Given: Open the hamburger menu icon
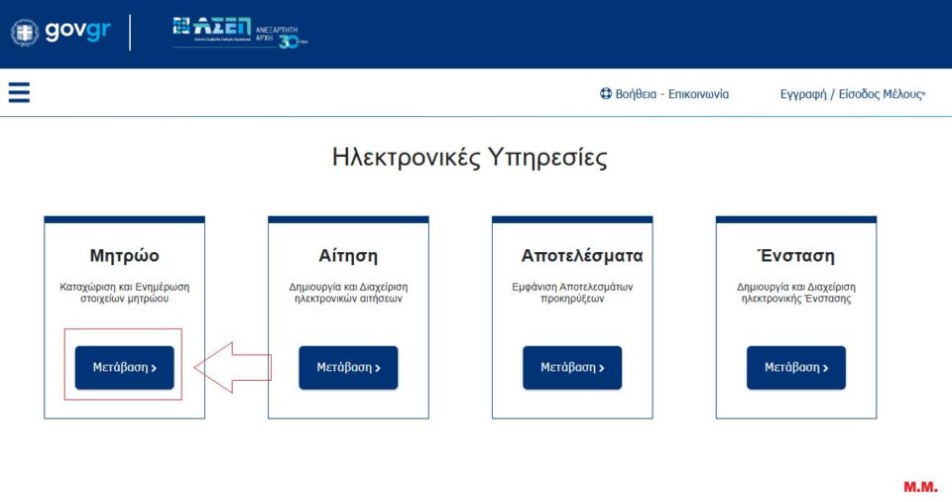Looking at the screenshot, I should [19, 92].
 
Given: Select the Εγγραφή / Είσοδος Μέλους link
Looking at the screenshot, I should [852, 94].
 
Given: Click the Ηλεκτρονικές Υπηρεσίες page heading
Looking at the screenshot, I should [469, 158].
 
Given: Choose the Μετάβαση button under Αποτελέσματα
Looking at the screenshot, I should [572, 367].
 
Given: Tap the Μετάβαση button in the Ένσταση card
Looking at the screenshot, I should [795, 367].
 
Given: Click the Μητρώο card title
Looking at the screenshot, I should [124, 256].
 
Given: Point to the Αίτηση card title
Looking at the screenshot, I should [348, 256].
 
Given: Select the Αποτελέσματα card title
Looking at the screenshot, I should [582, 256].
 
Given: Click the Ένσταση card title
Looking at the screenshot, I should [795, 256].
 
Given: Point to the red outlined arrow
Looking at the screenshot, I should [232, 367].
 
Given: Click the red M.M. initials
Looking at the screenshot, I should [919, 487].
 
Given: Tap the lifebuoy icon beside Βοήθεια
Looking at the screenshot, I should [605, 94].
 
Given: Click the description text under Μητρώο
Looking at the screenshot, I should [124, 293].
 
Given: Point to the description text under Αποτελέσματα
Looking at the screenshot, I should [572, 293].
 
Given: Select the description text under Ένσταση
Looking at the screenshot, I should [795, 293].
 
